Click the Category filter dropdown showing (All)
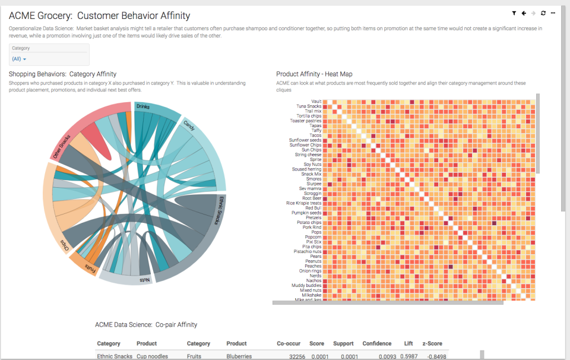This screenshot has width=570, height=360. [x=20, y=59]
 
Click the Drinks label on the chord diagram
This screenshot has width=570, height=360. [x=142, y=107]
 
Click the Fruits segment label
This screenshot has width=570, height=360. [x=90, y=267]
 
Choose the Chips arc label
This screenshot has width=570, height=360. [x=64, y=245]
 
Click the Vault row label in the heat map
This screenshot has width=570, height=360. [x=316, y=102]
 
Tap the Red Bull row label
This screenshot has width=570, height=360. [x=313, y=208]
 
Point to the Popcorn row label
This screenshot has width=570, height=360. [x=313, y=237]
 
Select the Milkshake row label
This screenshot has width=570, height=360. [x=312, y=295]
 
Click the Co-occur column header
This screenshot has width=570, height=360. [x=289, y=343]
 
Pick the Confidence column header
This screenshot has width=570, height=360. [x=377, y=343]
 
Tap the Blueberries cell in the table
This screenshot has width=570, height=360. [x=239, y=356]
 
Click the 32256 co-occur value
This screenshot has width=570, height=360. [x=297, y=356]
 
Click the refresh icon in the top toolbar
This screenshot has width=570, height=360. [x=543, y=13]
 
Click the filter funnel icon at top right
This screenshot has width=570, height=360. [x=514, y=13]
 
